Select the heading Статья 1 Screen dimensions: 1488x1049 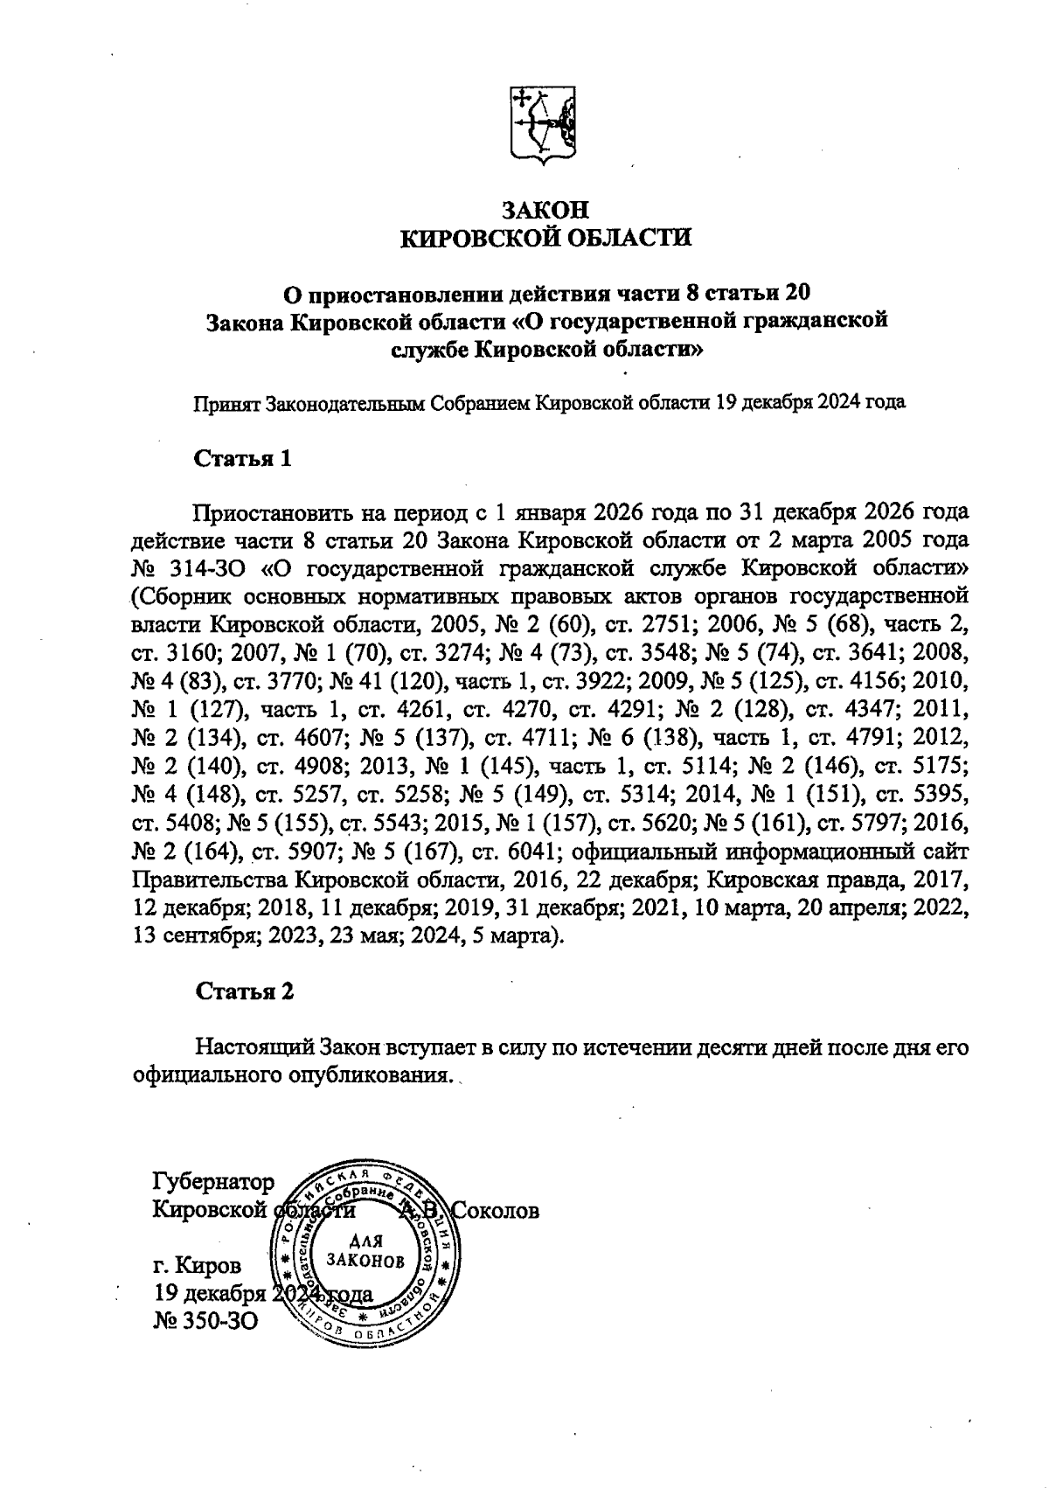(x=242, y=459)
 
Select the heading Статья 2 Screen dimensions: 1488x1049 (x=244, y=991)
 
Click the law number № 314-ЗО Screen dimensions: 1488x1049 (x=190, y=569)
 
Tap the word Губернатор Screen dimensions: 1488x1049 (x=213, y=1183)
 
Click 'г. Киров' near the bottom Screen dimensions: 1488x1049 (x=196, y=1265)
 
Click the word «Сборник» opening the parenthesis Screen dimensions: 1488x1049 (x=182, y=598)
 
